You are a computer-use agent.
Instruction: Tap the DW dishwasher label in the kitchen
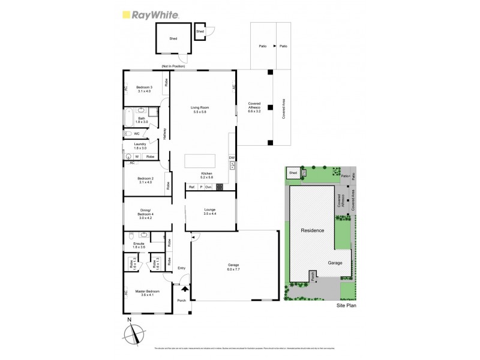pyautogui.click(x=232, y=158)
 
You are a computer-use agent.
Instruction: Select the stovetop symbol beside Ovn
pyautogui.click(x=220, y=187)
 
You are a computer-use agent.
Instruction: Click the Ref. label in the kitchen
pyautogui.click(x=191, y=187)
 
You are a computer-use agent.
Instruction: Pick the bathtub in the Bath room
pyautogui.click(x=129, y=118)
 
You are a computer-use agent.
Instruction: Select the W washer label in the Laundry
pyautogui.click(x=137, y=157)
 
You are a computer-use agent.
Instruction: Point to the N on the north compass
pyautogui.click(x=130, y=321)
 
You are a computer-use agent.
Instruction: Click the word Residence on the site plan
pyautogui.click(x=312, y=230)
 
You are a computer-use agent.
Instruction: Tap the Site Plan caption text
pyautogui.click(x=346, y=304)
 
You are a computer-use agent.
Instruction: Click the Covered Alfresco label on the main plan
pyautogui.click(x=255, y=107)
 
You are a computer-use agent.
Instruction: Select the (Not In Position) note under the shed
pyautogui.click(x=173, y=66)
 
